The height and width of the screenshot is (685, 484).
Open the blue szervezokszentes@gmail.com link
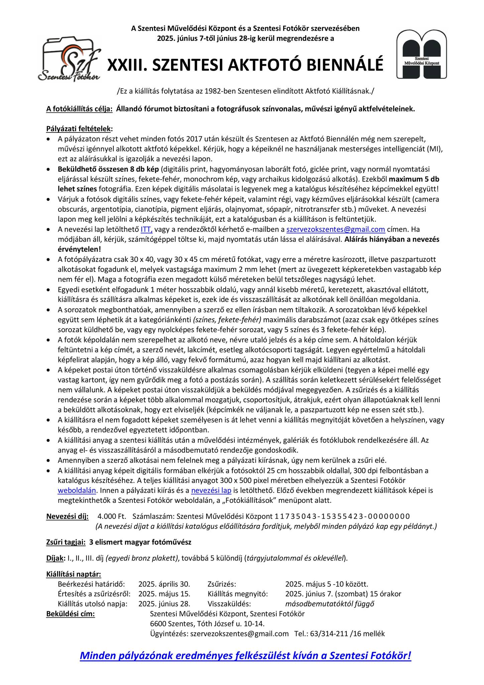pos(336,229)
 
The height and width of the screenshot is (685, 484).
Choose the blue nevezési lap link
pos(211,491)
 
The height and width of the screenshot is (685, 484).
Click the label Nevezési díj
pos(68,517)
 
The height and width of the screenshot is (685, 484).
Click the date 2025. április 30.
pos(164,585)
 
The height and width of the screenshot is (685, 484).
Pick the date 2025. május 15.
pos(164,594)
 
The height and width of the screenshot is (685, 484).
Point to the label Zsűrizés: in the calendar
pos(222,585)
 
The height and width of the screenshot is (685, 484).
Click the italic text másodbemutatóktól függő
pos(330,604)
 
